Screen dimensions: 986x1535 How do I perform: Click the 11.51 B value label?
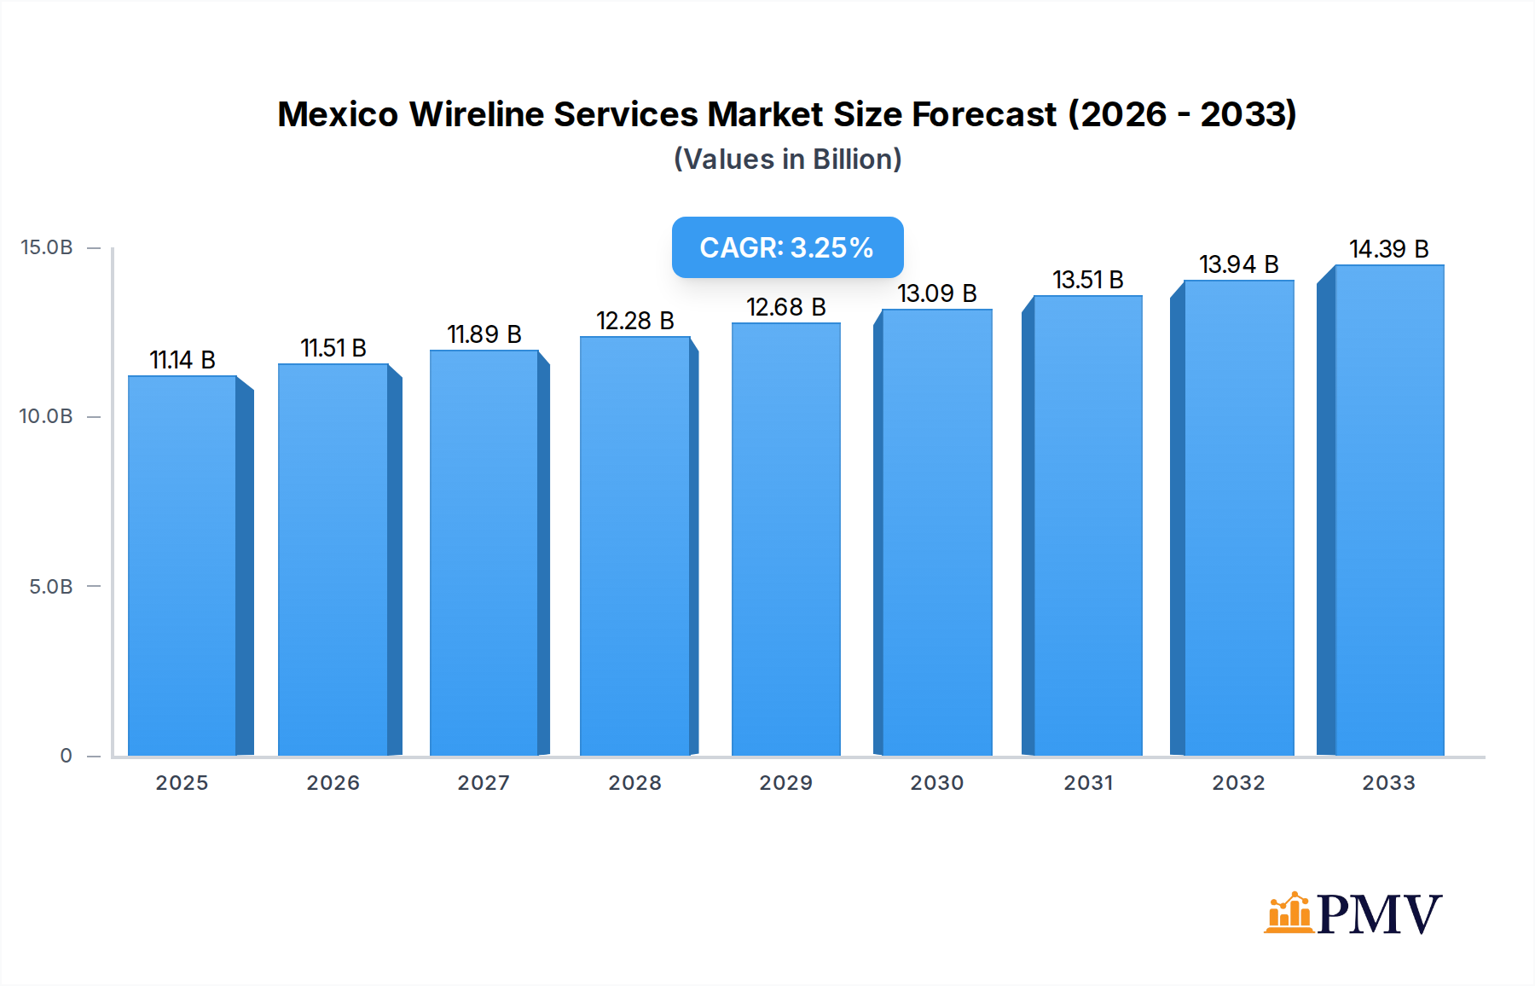(x=333, y=348)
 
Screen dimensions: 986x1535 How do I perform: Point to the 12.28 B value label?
(x=635, y=321)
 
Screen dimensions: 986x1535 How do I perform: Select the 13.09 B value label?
(x=936, y=293)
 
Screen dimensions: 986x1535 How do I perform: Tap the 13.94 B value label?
(x=1238, y=264)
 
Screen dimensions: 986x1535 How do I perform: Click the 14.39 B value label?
(x=1388, y=249)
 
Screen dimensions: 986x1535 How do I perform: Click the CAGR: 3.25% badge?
(x=787, y=247)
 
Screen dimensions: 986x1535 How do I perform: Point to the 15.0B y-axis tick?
(x=47, y=247)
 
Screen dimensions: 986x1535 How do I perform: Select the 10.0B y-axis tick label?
(x=46, y=416)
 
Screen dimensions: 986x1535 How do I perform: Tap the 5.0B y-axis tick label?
(x=51, y=587)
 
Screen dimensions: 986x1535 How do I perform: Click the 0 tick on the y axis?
(x=66, y=756)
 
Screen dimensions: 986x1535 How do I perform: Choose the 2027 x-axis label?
(x=484, y=783)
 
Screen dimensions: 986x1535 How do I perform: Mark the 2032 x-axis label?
(x=1238, y=783)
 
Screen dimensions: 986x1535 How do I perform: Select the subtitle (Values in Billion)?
(x=787, y=159)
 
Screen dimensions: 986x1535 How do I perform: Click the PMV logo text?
(x=1379, y=914)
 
